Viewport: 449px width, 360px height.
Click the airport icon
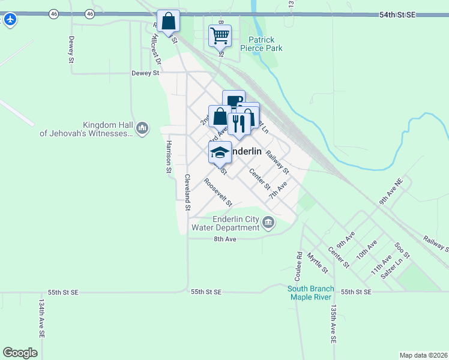pos(10,19)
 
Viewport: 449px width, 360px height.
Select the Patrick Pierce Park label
pos(261,44)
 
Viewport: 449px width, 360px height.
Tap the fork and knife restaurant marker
pos(239,123)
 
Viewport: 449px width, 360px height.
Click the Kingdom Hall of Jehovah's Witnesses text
pos(86,129)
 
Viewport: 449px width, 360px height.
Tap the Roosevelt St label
pos(217,192)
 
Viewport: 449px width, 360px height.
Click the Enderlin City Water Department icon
pos(268,224)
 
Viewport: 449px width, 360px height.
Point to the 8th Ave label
pos(226,239)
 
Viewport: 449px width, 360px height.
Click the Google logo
pos(20,353)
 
